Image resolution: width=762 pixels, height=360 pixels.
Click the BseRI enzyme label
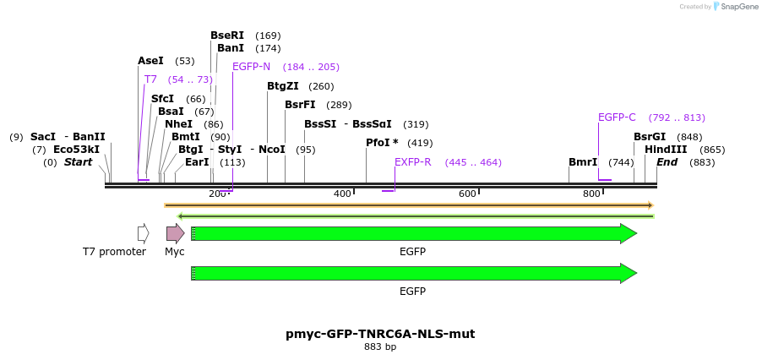click(x=226, y=35)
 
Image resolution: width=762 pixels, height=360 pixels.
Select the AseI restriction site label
click(x=150, y=61)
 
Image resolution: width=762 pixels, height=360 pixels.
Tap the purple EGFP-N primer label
click(x=251, y=67)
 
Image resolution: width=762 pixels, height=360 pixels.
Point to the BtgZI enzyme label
click(x=283, y=86)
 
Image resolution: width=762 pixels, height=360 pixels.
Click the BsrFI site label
click(x=300, y=105)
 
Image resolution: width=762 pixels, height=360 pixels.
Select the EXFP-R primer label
click(x=413, y=162)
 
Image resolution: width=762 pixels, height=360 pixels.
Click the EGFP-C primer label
click(x=617, y=117)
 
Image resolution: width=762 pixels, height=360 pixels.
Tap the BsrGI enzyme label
click(x=650, y=137)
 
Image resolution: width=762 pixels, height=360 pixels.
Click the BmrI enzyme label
click(x=583, y=162)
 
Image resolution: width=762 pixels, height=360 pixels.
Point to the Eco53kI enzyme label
click(x=76, y=150)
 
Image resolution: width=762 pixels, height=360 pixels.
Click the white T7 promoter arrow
click(x=144, y=233)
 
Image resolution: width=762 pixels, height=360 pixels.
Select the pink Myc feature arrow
click(x=175, y=233)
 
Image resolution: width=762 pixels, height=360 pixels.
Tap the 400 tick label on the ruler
click(x=342, y=194)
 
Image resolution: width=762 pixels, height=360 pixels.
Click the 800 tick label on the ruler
click(x=591, y=194)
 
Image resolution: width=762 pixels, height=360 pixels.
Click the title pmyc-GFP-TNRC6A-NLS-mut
click(x=380, y=334)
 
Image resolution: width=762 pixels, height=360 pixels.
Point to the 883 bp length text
click(x=380, y=346)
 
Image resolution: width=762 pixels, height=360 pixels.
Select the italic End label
click(x=667, y=162)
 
